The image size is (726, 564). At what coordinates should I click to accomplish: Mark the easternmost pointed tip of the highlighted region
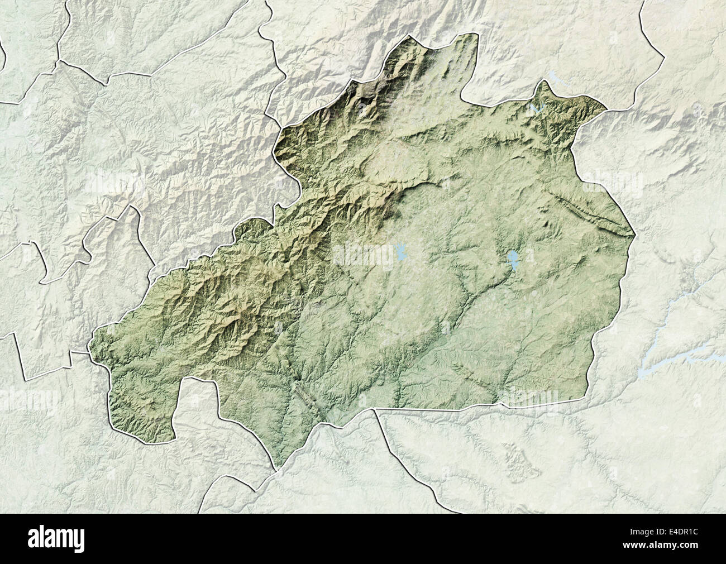click(x=634, y=235)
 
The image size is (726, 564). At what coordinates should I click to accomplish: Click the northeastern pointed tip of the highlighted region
click(x=606, y=107)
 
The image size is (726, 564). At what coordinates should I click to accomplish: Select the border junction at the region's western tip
click(x=89, y=352)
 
